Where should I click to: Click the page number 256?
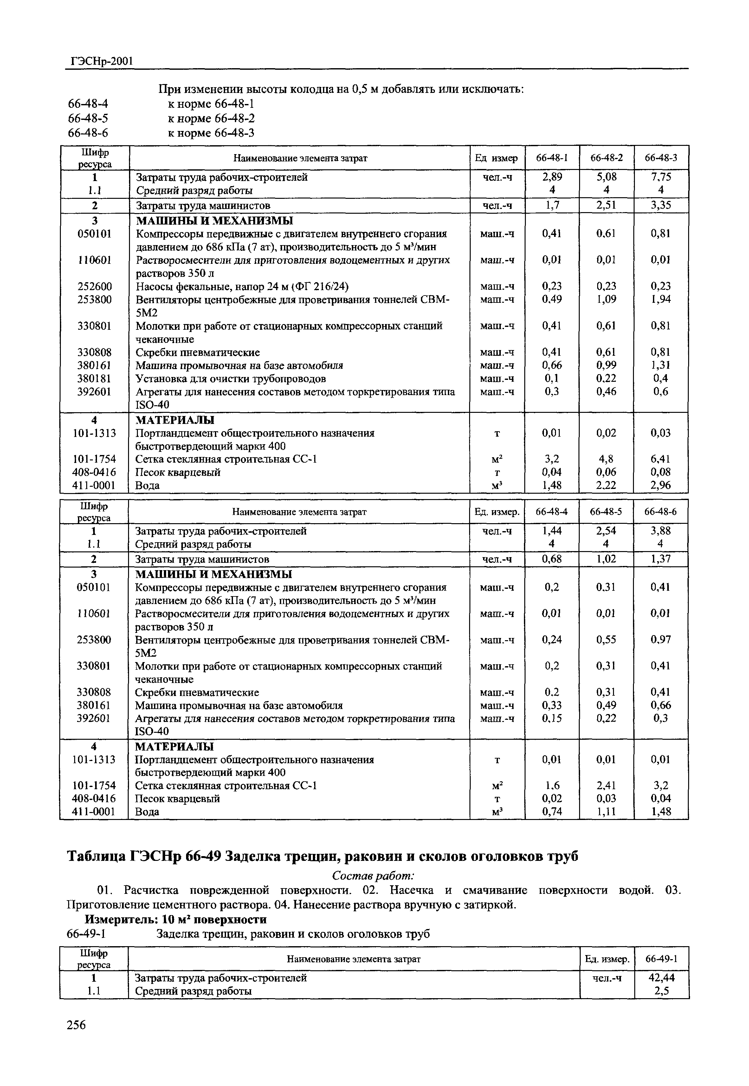76,1024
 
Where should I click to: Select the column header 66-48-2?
606,158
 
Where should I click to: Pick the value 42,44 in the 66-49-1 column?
661,978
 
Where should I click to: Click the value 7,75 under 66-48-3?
661,177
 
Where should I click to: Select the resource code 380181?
94,378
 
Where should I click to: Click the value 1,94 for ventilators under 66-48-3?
661,299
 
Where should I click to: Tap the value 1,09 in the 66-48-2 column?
606,299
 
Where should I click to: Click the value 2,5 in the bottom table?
661,991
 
